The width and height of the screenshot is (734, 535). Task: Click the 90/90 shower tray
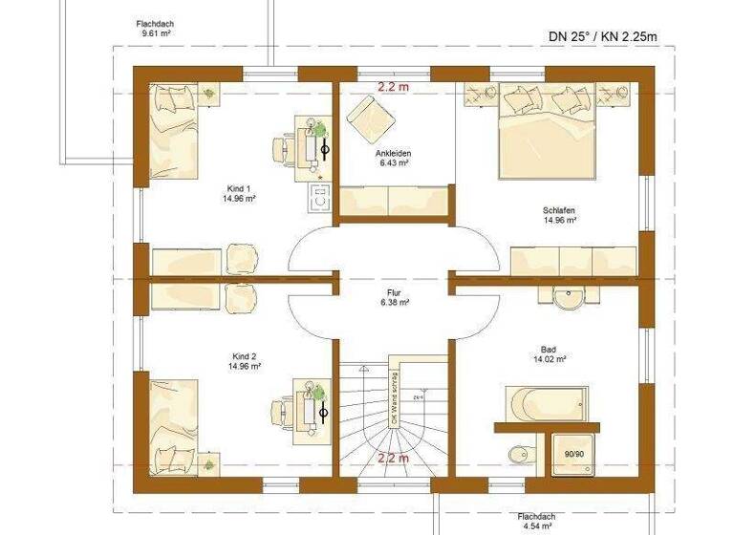[x=573, y=454]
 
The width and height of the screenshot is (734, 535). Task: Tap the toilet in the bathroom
[x=518, y=453]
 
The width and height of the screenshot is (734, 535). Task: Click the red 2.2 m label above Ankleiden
[x=393, y=87]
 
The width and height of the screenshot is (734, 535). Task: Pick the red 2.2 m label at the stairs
[x=393, y=458]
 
